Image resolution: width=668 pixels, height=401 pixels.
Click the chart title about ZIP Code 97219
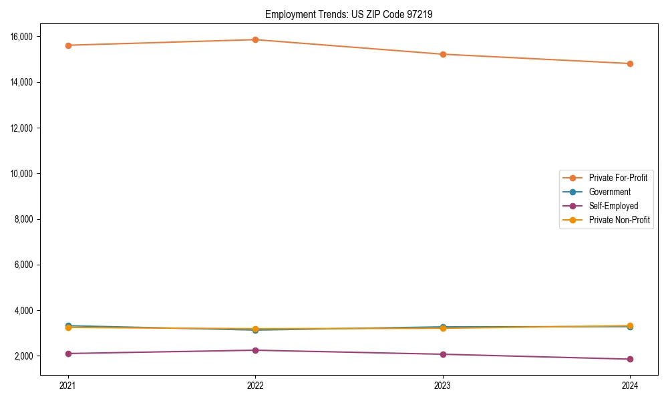tap(349, 14)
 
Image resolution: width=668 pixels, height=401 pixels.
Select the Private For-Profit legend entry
tap(618, 178)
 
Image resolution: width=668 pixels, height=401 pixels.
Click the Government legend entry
tap(609, 192)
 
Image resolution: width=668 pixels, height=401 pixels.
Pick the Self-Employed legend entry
tap(613, 206)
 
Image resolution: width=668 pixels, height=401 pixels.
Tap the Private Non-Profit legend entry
tap(619, 220)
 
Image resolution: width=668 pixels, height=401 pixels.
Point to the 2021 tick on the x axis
tap(67, 385)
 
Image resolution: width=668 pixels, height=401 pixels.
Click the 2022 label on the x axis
tap(255, 385)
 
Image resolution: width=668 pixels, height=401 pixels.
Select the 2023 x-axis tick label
tap(442, 385)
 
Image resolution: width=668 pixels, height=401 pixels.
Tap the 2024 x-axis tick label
tap(630, 385)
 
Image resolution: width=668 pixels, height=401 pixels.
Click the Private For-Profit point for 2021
tap(68, 45)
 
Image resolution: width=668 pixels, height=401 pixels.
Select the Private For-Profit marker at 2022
tap(255, 39)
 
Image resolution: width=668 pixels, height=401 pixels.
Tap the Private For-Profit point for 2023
tap(443, 54)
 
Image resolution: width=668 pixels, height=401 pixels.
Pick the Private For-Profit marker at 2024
tap(630, 63)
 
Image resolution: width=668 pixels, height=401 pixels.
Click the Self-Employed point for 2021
tap(68, 354)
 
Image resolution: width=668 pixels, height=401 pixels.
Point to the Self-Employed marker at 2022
tap(255, 350)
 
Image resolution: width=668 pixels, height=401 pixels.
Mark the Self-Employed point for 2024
tap(630, 359)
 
